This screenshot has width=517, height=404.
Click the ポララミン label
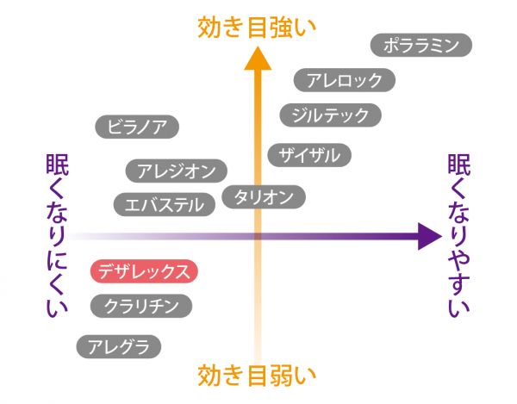[420, 45]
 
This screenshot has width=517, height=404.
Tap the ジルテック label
[331, 115]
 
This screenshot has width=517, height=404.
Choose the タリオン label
[264, 196]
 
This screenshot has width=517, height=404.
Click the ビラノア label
[138, 127]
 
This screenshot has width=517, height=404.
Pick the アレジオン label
[177, 171]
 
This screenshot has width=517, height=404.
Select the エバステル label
[165, 204]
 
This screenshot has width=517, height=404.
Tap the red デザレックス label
[145, 272]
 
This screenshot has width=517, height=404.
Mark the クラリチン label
[141, 305]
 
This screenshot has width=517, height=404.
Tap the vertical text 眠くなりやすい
[458, 236]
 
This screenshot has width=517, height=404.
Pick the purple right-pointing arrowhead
[428, 235]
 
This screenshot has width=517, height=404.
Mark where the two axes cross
[257, 235]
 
